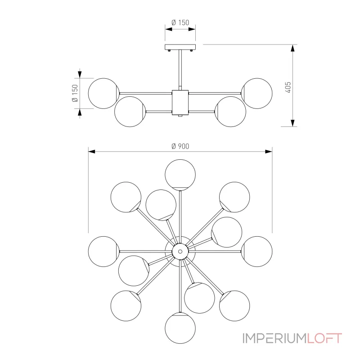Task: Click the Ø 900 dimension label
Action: pyautogui.click(x=180, y=146)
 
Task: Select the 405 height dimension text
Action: pyautogui.click(x=288, y=87)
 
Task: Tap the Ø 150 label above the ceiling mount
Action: pyautogui.click(x=180, y=22)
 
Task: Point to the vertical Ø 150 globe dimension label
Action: pyautogui.click(x=75, y=93)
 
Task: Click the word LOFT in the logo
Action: pyautogui.click(x=324, y=338)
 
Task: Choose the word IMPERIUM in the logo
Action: pyautogui.click(x=274, y=338)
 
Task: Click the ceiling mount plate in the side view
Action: pyautogui.click(x=180, y=47)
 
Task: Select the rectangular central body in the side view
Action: pyautogui.click(x=180, y=103)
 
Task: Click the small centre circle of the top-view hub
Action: pyautogui.click(x=180, y=252)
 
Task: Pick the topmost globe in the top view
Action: pyautogui.click(x=180, y=175)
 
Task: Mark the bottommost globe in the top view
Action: pyautogui.click(x=180, y=328)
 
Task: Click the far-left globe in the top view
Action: pyautogui.click(x=104, y=252)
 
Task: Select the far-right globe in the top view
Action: pyautogui.click(x=257, y=252)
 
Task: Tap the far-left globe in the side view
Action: pyautogui.click(x=104, y=93)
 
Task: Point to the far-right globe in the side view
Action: pyautogui.click(x=257, y=93)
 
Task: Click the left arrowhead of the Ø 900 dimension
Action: pyautogui.click(x=92, y=152)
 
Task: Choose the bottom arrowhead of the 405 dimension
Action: pyautogui.click(x=292, y=123)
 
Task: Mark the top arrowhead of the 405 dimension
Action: pyautogui.click(x=292, y=48)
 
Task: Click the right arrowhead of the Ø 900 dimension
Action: pyautogui.click(x=269, y=152)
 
